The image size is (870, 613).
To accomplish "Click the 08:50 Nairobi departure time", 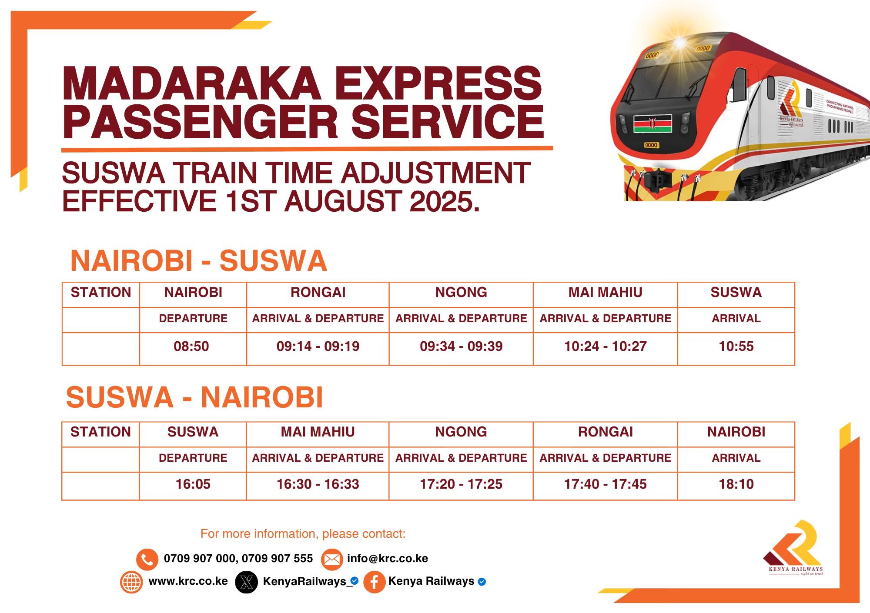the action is click(191, 346).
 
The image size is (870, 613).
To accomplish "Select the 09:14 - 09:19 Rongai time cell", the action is click(318, 346).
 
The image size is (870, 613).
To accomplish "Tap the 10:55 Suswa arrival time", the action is click(736, 346).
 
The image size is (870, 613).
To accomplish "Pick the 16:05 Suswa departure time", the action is click(193, 484).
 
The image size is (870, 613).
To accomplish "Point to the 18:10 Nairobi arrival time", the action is click(736, 484).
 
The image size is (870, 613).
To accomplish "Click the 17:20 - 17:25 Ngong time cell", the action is click(461, 484).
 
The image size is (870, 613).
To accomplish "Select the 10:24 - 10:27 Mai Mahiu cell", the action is click(606, 346).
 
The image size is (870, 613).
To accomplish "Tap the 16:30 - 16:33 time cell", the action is click(318, 484).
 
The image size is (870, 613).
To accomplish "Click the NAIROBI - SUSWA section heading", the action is click(198, 261).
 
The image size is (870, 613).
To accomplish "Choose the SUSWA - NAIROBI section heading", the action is click(194, 397).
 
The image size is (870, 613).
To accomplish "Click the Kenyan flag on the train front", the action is click(652, 123).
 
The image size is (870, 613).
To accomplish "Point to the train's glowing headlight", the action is click(679, 43).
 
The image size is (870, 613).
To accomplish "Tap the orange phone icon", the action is click(147, 559).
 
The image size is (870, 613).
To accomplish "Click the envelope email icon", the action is click(332, 559).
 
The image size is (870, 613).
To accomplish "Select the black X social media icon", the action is click(246, 582).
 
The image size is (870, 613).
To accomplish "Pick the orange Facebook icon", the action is click(374, 582).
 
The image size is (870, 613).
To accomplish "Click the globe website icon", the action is click(131, 582).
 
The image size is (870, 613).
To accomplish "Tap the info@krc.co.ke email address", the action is click(388, 559).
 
